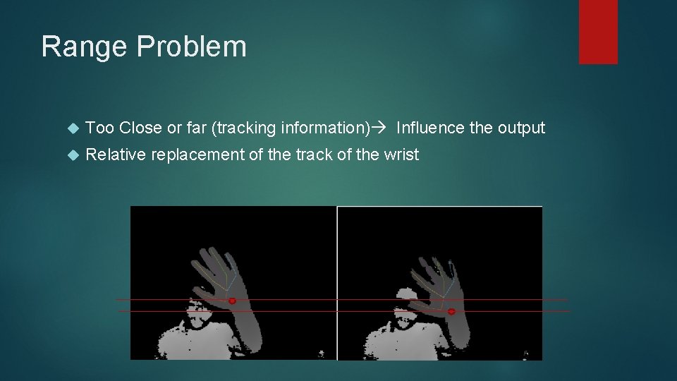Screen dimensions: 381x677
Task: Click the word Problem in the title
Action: tap(191, 47)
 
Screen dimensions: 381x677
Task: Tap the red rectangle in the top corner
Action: tap(598, 31)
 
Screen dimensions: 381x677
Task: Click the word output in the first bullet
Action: tap(521, 128)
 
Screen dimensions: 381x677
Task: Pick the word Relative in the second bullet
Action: tap(115, 155)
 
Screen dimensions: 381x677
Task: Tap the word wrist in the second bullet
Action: tap(401, 155)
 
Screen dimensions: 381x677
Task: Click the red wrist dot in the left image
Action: tap(232, 301)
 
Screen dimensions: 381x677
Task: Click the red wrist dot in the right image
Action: tap(451, 311)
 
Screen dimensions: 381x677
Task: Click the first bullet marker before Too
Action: tap(71, 128)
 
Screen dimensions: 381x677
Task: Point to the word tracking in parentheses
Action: tap(245, 128)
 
